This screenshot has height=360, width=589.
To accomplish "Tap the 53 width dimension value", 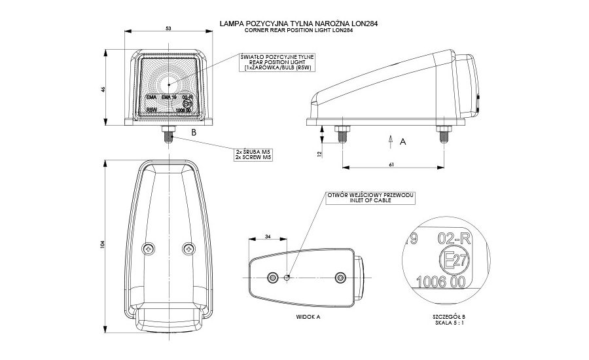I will (x=170, y=29).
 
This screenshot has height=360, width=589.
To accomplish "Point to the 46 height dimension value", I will (x=103, y=89).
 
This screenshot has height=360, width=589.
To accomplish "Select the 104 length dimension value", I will (x=102, y=245).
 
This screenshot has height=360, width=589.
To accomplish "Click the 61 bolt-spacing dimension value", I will (x=391, y=164).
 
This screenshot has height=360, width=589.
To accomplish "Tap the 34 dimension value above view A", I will (x=268, y=236).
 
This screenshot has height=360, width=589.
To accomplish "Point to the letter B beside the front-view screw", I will (x=193, y=133).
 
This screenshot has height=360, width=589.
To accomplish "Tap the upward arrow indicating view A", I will (x=390, y=139).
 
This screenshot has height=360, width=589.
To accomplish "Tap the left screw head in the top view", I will (x=150, y=249).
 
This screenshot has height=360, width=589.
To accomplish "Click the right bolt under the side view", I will (x=442, y=134).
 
